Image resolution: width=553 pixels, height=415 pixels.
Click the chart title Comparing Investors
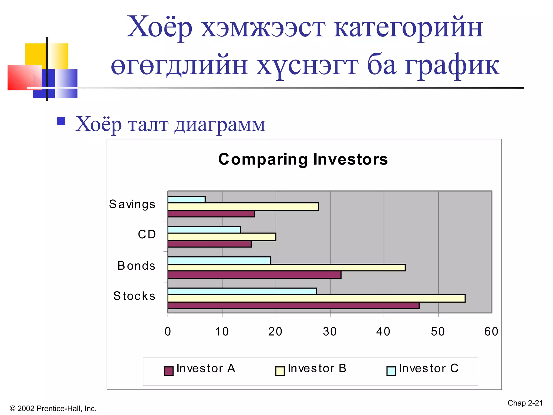[303, 159]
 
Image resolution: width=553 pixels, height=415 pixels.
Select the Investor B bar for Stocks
[316, 298]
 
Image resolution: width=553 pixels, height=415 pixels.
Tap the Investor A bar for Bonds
[254, 275]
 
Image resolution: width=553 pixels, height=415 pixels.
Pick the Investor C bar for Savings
[186, 199]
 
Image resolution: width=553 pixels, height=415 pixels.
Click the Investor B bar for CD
[221, 237]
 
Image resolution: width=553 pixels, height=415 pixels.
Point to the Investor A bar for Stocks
[293, 306]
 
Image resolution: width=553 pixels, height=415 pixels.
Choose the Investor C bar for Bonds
[219, 260]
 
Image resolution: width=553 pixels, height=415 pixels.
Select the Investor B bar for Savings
[243, 207]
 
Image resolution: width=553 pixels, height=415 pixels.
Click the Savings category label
[132, 204]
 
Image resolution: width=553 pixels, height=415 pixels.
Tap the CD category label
[147, 234]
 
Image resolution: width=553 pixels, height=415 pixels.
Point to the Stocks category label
[134, 296]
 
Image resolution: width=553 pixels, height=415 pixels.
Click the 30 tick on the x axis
[330, 332]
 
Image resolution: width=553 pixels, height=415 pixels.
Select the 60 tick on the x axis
[491, 332]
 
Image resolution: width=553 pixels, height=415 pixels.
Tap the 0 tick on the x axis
[168, 332]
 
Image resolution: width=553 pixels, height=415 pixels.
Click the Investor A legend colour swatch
[169, 371]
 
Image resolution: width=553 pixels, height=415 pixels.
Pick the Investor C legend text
[429, 368]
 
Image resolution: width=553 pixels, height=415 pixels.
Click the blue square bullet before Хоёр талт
[61, 121]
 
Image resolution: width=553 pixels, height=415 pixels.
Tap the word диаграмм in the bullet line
[220, 125]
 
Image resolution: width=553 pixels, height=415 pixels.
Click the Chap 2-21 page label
[525, 403]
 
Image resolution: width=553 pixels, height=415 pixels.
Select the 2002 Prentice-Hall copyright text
[53, 408]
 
